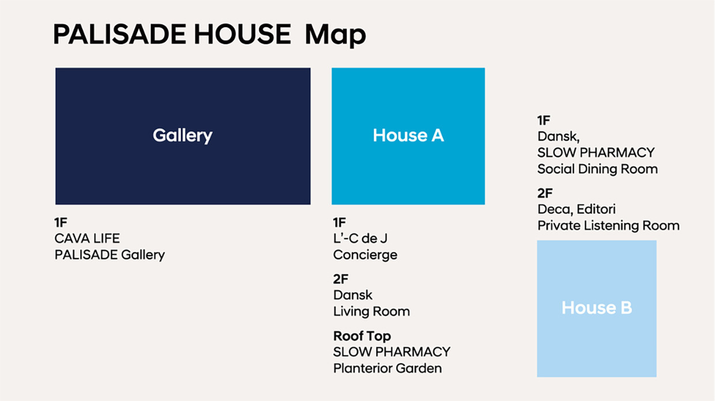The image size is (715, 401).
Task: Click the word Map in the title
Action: pyautogui.click(x=335, y=35)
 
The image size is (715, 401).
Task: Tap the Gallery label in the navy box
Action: pyautogui.click(x=182, y=135)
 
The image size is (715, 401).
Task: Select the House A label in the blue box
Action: pyautogui.click(x=408, y=135)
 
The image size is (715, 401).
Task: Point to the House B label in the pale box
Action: pyautogui.click(x=597, y=308)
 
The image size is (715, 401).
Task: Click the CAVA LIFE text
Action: pyautogui.click(x=87, y=239)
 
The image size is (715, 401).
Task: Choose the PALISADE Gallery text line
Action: pyautogui.click(x=110, y=255)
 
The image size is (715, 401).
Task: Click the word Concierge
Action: pyautogui.click(x=365, y=255)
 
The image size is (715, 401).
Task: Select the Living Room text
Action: pyautogui.click(x=371, y=311)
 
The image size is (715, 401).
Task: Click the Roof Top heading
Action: pyautogui.click(x=362, y=336)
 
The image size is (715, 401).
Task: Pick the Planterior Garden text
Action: pyautogui.click(x=387, y=368)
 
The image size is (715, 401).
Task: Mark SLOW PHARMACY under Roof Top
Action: pyautogui.click(x=392, y=351)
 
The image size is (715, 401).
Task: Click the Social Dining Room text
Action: pyautogui.click(x=597, y=169)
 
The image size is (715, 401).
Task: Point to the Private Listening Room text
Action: pyautogui.click(x=608, y=225)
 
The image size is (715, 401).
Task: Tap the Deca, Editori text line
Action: pyautogui.click(x=577, y=209)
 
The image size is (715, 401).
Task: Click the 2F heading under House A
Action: pyautogui.click(x=341, y=279)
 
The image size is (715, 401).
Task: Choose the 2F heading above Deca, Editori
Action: pyautogui.click(x=545, y=193)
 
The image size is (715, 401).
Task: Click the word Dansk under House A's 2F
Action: pyautogui.click(x=353, y=295)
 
